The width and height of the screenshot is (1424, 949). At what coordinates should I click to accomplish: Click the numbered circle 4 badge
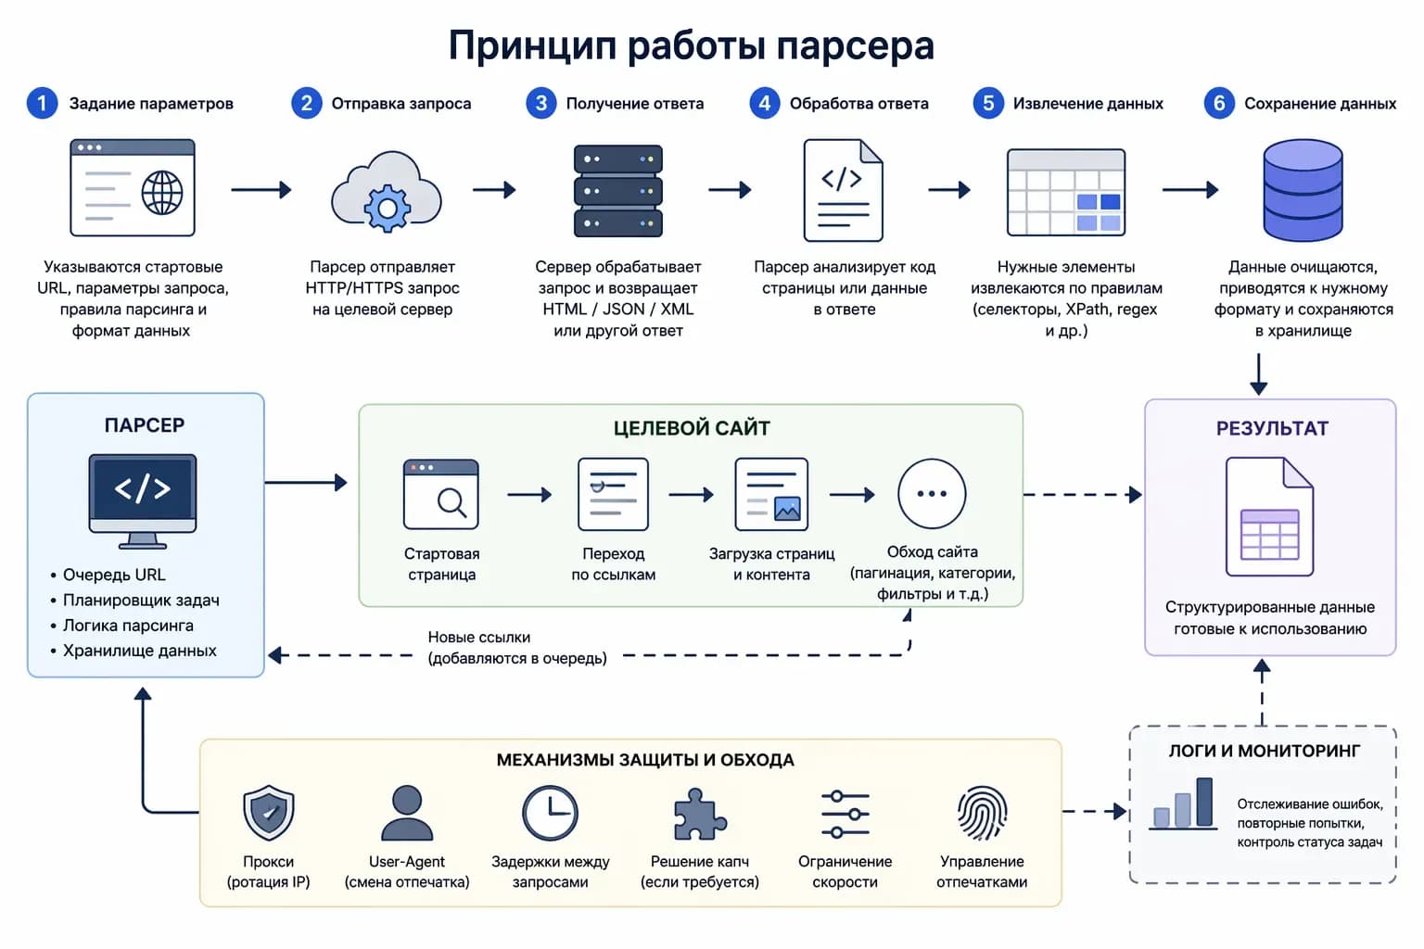point(764,103)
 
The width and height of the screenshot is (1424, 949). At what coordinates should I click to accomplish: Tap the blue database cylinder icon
point(1303,190)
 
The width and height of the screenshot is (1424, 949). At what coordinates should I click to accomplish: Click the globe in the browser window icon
point(162,192)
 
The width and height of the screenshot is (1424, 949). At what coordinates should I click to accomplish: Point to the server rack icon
point(617,190)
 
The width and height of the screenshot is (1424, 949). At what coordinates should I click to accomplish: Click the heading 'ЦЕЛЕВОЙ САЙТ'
point(691,428)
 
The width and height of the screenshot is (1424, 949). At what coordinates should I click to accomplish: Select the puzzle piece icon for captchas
point(699,814)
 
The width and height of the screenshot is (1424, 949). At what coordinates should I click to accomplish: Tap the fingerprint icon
point(982,813)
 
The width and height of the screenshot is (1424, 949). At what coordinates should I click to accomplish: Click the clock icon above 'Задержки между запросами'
point(550,813)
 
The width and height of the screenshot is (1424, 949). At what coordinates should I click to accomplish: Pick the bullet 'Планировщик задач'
point(141,600)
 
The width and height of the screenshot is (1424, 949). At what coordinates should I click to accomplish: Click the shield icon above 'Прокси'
point(268,813)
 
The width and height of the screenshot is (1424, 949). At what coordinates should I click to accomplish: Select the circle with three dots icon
point(932,494)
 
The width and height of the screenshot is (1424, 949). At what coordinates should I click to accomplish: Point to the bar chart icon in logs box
point(1182,803)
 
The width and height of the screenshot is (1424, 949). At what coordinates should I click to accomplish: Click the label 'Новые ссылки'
point(478,637)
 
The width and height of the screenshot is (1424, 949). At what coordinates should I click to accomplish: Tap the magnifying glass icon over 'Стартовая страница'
point(451,501)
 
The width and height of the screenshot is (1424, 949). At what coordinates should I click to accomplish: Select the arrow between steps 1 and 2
point(261,190)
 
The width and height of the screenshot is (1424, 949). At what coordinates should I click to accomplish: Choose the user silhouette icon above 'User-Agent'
point(406,813)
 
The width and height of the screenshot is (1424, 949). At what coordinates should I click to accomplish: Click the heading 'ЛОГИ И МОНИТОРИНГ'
point(1264,751)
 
